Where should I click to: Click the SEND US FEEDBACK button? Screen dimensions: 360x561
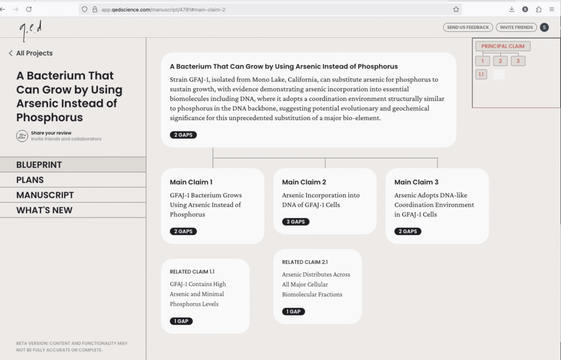468,27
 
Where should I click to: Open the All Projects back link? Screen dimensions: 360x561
31,53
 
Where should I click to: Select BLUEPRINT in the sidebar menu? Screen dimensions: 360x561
39,165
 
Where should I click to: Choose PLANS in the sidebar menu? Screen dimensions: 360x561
30,180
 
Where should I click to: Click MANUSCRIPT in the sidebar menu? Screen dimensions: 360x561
45,195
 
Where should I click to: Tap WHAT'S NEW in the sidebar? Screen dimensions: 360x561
44,210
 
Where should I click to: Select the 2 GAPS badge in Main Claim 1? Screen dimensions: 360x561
183,231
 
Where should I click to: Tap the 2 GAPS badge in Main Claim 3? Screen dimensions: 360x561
408,231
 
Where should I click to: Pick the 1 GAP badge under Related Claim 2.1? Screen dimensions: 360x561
294,311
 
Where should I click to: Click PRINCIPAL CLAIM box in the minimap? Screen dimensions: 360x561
502,47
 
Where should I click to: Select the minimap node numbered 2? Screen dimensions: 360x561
500,61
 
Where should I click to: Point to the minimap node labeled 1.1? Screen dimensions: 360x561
481,75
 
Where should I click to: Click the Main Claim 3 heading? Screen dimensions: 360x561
416,182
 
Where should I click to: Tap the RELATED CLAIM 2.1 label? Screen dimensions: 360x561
305,262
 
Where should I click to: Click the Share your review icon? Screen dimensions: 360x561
22,136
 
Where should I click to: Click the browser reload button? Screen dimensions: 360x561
28,9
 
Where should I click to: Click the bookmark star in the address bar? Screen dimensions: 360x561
456,9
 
